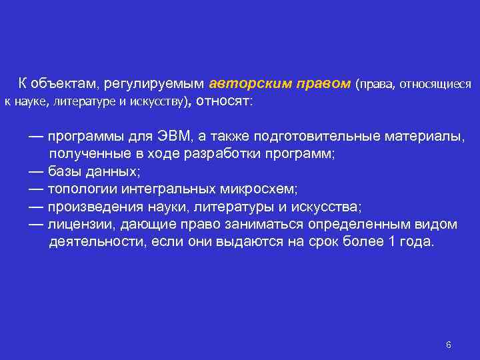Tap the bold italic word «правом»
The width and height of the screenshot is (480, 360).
pos(322,84)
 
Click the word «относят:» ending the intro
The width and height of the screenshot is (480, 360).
pos(223,102)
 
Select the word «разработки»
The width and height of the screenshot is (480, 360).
pos(246,154)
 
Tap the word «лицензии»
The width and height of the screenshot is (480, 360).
pos(79,223)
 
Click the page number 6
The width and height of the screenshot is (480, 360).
pos(449,345)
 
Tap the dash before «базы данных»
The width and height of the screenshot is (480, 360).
pos(36,171)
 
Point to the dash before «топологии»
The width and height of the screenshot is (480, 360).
pos(36,189)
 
